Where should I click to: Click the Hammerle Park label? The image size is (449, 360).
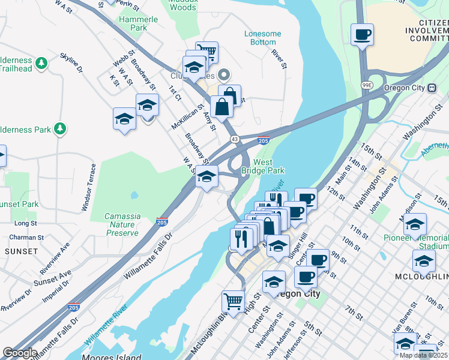click(139, 23)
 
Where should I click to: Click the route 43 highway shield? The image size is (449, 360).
click(234, 139)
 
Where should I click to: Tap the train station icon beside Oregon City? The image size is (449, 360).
click(431, 88)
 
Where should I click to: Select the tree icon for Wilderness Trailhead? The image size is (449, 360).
click(41, 63)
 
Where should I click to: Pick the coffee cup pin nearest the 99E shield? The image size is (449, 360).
click(362, 34)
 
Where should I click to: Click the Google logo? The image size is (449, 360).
click(20, 353)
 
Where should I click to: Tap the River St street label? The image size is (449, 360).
click(277, 58)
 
